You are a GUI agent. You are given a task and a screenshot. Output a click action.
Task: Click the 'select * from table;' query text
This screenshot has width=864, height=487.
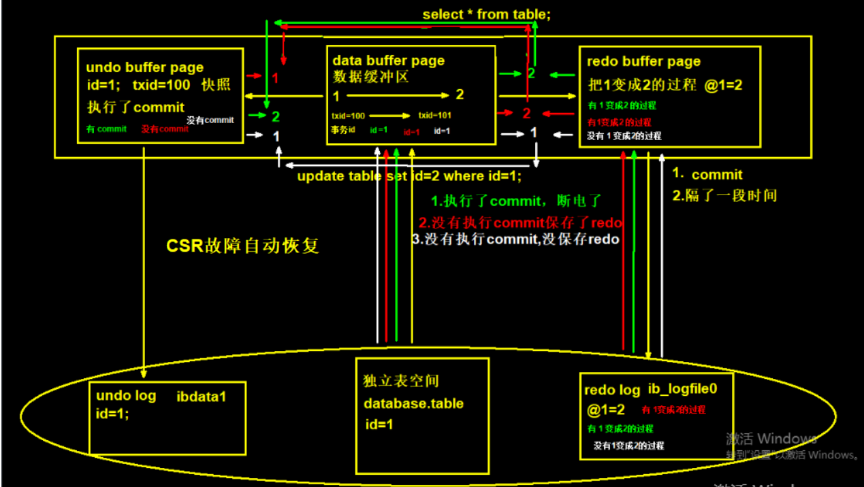(x=486, y=14)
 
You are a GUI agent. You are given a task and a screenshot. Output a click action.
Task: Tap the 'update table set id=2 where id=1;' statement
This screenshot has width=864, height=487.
(x=409, y=176)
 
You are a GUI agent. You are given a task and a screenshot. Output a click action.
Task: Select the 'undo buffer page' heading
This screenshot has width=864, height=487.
(x=144, y=67)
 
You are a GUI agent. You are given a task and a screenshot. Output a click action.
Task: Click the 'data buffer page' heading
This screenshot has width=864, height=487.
(x=388, y=61)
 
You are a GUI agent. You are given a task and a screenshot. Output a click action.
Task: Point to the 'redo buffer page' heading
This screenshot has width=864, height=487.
(x=643, y=62)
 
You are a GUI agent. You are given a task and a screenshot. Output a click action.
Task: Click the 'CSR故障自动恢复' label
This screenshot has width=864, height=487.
(x=242, y=246)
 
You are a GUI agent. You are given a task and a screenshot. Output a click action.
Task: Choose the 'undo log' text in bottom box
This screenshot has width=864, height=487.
(x=126, y=396)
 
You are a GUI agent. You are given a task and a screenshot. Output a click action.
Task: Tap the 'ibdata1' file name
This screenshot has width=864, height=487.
(x=201, y=396)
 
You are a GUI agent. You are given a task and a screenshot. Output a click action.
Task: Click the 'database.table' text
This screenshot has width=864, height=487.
(x=413, y=403)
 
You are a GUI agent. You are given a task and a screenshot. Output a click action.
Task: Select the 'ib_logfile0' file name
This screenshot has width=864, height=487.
(x=683, y=390)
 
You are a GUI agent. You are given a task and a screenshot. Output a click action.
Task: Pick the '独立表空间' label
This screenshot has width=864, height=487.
(x=396, y=382)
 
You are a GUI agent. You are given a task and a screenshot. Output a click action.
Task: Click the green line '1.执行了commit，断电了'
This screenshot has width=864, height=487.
(x=517, y=202)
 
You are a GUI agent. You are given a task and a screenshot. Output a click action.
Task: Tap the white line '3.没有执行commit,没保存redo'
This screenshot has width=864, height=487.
(x=515, y=239)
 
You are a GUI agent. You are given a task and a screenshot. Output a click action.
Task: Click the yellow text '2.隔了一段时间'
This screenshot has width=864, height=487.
(x=724, y=195)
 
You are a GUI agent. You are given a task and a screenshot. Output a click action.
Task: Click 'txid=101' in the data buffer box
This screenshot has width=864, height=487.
(x=434, y=116)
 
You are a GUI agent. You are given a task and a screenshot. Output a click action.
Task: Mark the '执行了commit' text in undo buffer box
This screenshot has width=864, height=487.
(x=135, y=107)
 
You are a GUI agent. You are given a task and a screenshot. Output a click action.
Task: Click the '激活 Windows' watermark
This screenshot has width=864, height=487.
(x=771, y=438)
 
